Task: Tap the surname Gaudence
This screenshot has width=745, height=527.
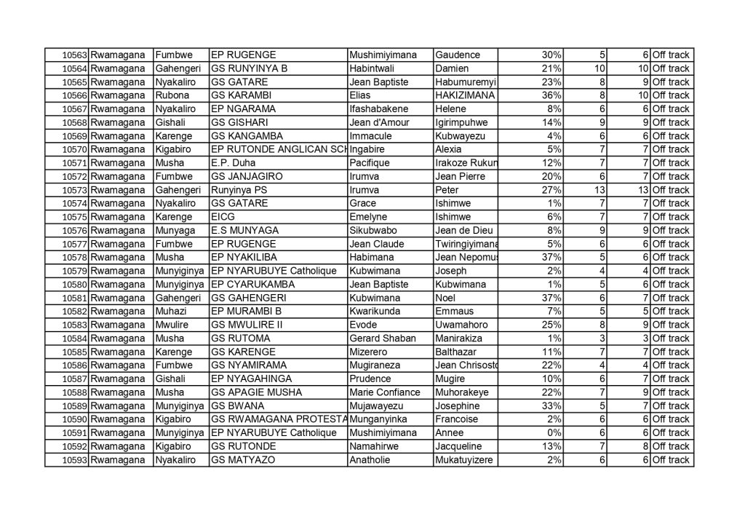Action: tap(456, 55)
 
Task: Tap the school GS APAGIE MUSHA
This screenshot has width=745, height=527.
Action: tap(247, 392)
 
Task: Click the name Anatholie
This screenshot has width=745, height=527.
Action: tap(372, 460)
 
